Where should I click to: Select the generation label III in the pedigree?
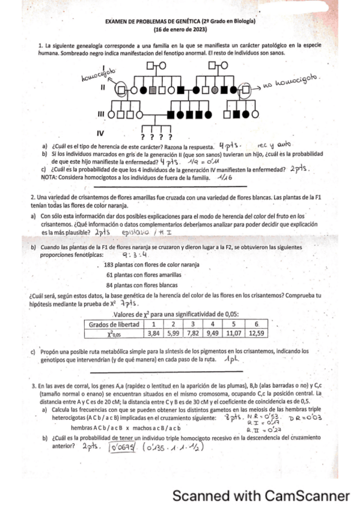[x=102, y=113]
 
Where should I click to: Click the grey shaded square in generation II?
[x=153, y=90]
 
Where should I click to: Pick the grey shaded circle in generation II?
[x=215, y=90]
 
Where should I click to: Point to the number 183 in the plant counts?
[x=109, y=265]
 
